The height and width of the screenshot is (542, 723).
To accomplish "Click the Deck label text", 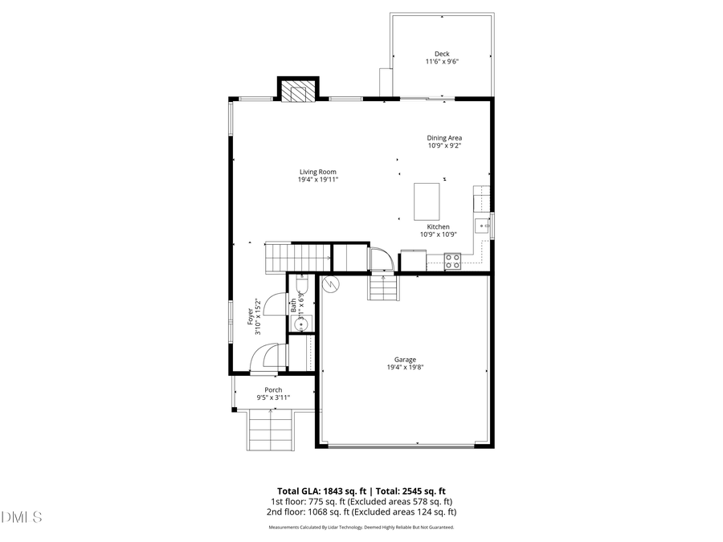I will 442,53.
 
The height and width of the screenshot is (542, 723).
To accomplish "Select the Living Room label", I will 317,172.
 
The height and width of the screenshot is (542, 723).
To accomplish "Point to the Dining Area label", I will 444,138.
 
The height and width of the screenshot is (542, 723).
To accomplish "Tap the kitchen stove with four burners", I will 452,260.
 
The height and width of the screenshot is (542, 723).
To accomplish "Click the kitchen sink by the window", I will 484,226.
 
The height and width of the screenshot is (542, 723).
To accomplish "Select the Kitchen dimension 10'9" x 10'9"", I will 438,235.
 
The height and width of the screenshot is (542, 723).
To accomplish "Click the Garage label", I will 405,360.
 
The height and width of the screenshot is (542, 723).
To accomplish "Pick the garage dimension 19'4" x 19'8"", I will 405,368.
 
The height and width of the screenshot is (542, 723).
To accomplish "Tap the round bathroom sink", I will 301,324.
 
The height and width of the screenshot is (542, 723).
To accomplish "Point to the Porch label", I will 273,390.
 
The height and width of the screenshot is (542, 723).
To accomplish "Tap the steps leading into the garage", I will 383,286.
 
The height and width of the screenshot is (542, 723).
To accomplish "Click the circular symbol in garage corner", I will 329,283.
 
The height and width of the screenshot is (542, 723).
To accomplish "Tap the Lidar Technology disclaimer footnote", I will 361,528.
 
